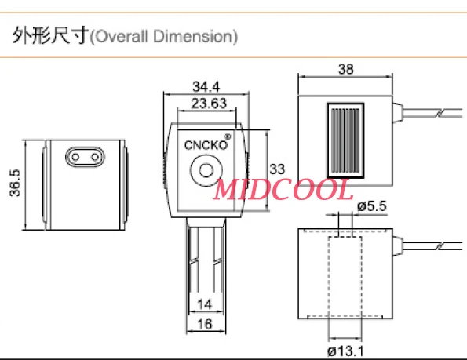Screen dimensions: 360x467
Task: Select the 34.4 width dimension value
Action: (205, 86)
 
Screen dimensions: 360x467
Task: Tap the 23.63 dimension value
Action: (205, 103)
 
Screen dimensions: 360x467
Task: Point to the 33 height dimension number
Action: (277, 169)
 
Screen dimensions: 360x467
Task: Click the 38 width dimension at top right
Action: (345, 69)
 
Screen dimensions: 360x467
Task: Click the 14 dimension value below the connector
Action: (204, 303)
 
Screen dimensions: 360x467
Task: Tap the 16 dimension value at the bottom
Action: (204, 325)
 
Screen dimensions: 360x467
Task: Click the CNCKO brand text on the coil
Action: (202, 144)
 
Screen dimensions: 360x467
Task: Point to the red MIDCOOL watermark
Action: (283, 189)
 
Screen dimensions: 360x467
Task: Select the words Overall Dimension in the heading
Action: (164, 37)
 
